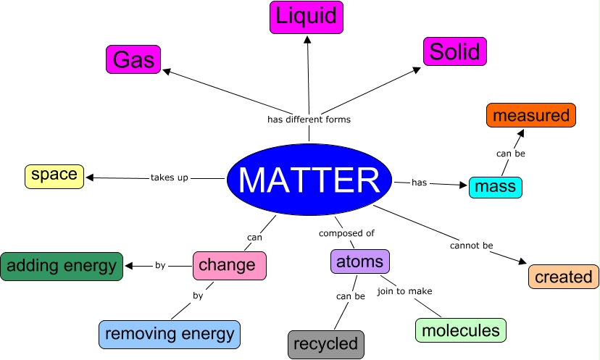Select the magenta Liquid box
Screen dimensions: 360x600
point(307,17)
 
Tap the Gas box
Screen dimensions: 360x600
point(134,59)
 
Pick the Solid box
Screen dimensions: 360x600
point(455,51)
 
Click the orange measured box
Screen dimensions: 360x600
point(531,115)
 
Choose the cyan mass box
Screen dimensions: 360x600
point(496,187)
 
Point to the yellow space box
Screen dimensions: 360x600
point(54,175)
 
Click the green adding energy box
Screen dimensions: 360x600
point(62,266)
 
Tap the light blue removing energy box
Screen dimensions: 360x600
point(170,334)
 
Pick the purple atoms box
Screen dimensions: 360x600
point(360,261)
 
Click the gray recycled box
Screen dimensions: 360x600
point(325,344)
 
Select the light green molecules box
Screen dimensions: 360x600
point(461,330)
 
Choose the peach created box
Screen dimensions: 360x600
point(564,276)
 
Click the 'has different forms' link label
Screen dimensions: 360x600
point(309,120)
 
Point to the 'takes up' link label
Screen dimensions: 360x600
point(170,177)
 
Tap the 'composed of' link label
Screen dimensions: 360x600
point(346,233)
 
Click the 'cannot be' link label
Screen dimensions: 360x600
point(471,246)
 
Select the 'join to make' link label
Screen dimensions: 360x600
point(404,291)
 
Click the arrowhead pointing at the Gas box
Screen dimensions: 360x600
point(166,70)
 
